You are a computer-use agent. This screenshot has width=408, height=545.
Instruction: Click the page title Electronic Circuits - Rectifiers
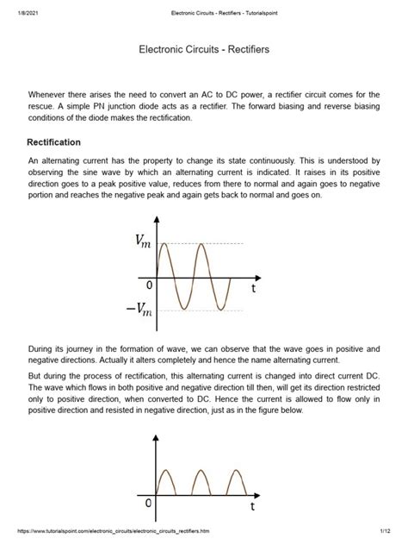point(204,51)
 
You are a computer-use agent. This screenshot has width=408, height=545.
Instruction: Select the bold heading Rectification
point(55,141)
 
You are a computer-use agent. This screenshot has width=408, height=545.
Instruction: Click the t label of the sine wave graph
point(253,290)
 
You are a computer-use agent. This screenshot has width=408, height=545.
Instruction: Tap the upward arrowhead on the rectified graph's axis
point(155,436)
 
